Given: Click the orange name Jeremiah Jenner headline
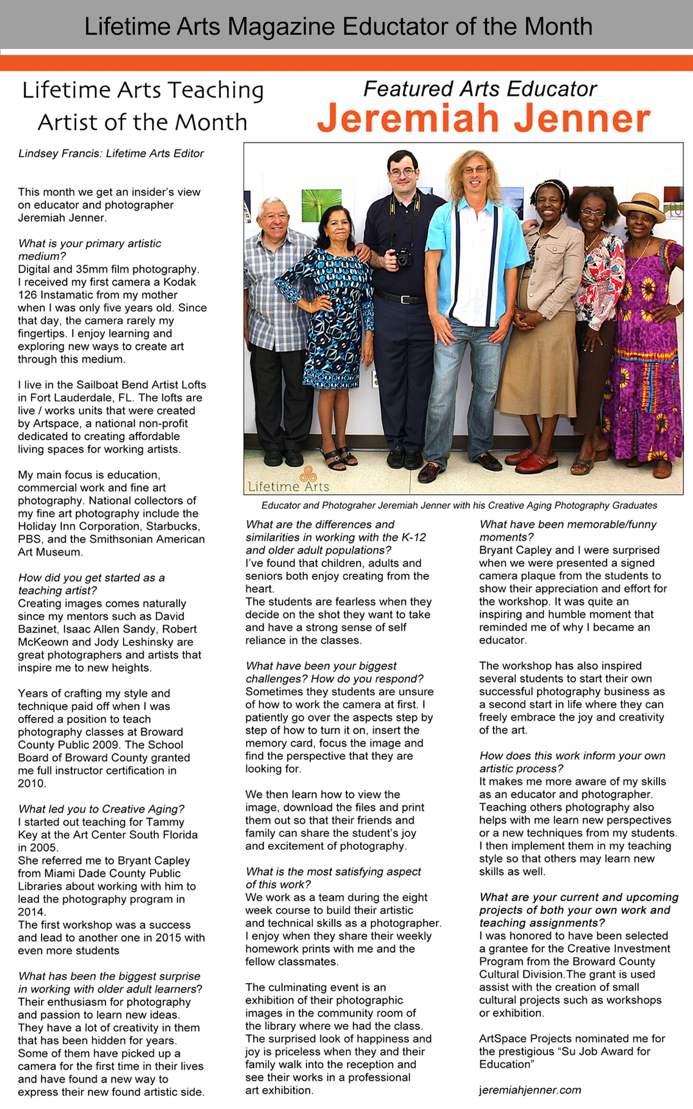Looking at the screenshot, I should pyautogui.click(x=483, y=119).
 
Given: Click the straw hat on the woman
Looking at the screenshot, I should pyautogui.click(x=640, y=205).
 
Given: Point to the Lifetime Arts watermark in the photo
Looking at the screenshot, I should pyautogui.click(x=288, y=482).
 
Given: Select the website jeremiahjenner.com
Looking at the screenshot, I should pyautogui.click(x=530, y=1090).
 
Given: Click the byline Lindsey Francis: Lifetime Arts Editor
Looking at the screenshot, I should pyautogui.click(x=111, y=153).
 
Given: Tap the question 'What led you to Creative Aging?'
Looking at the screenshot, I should pyautogui.click(x=101, y=809).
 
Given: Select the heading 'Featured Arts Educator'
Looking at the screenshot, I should pyautogui.click(x=480, y=89).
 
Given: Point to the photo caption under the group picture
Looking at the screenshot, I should pyautogui.click(x=459, y=505).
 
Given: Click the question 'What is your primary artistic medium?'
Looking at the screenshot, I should pyautogui.click(x=90, y=249).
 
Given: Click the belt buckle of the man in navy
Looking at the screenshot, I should pyautogui.click(x=405, y=299).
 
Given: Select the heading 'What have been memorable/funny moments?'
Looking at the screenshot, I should pyautogui.click(x=568, y=530).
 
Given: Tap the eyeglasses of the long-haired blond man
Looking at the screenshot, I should pyautogui.click(x=475, y=170).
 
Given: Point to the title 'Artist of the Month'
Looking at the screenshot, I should pyautogui.click(x=142, y=122).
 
